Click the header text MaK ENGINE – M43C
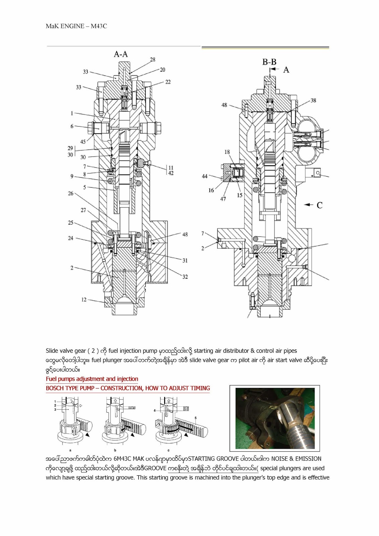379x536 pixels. (76, 26)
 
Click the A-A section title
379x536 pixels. (121, 54)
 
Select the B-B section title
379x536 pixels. (269, 62)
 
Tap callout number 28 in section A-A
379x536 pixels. (152, 60)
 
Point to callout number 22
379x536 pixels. (168, 82)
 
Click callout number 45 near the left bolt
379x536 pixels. (83, 141)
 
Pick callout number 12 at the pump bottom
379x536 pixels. (84, 299)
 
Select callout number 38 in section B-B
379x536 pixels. (313, 100)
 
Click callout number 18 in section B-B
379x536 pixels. (227, 152)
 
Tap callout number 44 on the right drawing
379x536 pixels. (204, 176)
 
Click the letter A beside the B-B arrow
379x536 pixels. (286, 70)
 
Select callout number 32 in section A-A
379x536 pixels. (185, 277)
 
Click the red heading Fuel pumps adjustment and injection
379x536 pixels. (92, 379)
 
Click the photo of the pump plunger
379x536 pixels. (275, 418)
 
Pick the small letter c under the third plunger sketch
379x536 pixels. (169, 451)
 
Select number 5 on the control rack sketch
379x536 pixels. (196, 418)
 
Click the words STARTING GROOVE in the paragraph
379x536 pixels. (213, 459)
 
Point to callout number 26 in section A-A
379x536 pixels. (70, 193)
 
